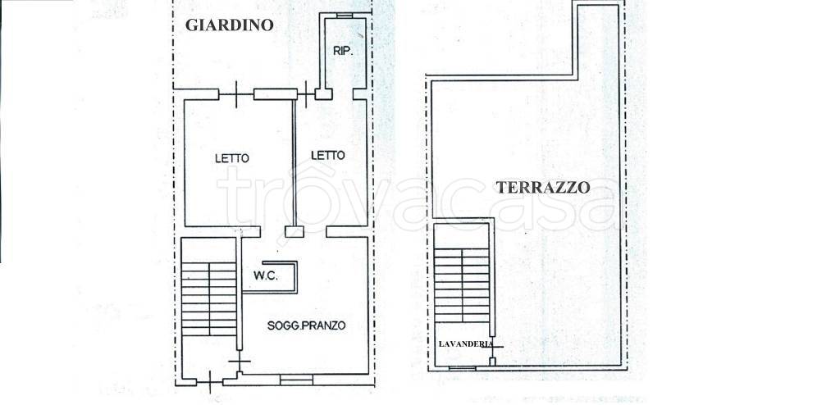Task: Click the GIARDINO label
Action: pyautogui.click(x=229, y=25)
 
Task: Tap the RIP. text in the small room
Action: pyautogui.click(x=343, y=51)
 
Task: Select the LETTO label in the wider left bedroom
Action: pyautogui.click(x=232, y=158)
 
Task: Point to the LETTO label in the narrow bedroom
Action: pyautogui.click(x=328, y=155)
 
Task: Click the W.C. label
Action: pyautogui.click(x=266, y=275)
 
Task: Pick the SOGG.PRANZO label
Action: pyautogui.click(x=307, y=325)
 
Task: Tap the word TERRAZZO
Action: pyautogui.click(x=543, y=187)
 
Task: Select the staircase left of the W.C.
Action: pyautogui.click(x=209, y=298)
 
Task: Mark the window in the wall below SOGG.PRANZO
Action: pyautogui.click(x=296, y=380)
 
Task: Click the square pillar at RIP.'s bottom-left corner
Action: pyautogui.click(x=323, y=93)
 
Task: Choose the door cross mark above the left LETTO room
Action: pyautogui.click(x=236, y=94)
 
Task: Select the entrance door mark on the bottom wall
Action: pyautogui.click(x=210, y=380)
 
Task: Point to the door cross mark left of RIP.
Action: pyautogui.click(x=307, y=93)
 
